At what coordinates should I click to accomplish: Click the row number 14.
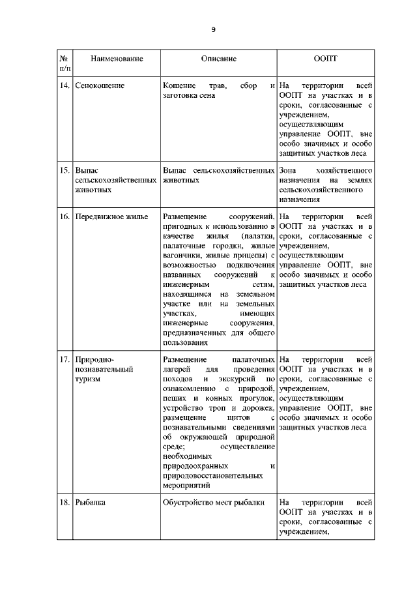(65, 85)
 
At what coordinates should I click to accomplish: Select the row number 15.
(65, 170)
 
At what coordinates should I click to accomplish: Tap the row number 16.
(65, 216)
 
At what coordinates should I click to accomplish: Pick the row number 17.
(65, 359)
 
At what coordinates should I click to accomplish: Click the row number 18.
(65, 503)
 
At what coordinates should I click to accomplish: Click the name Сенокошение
(100, 85)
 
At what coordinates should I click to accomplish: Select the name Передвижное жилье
(111, 216)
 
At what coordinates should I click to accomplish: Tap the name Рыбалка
(91, 503)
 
